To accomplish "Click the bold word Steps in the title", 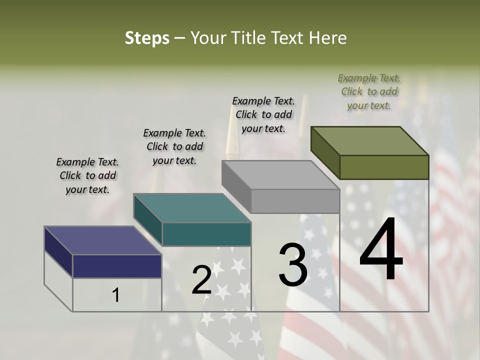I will (x=147, y=38).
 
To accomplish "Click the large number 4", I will (x=381, y=249).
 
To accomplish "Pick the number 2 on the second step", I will (x=201, y=279).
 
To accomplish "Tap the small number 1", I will (x=116, y=295).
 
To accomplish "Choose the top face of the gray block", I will (x=280, y=175).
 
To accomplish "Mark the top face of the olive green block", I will (x=369, y=141).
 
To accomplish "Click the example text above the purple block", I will (x=87, y=175).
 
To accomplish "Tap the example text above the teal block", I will (x=174, y=146).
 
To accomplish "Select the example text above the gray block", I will (x=263, y=114).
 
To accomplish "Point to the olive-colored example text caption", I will (x=369, y=91).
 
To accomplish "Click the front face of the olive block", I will (x=384, y=167).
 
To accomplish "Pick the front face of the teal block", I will (x=206, y=234).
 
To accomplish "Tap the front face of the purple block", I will (x=117, y=266).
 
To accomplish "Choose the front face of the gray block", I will (x=295, y=201).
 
